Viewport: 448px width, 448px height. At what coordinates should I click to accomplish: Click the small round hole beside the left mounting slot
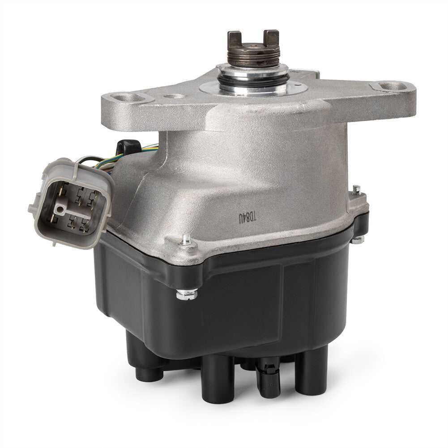[x=172, y=97]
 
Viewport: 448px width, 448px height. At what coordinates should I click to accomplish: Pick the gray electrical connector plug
[x=72, y=203]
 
